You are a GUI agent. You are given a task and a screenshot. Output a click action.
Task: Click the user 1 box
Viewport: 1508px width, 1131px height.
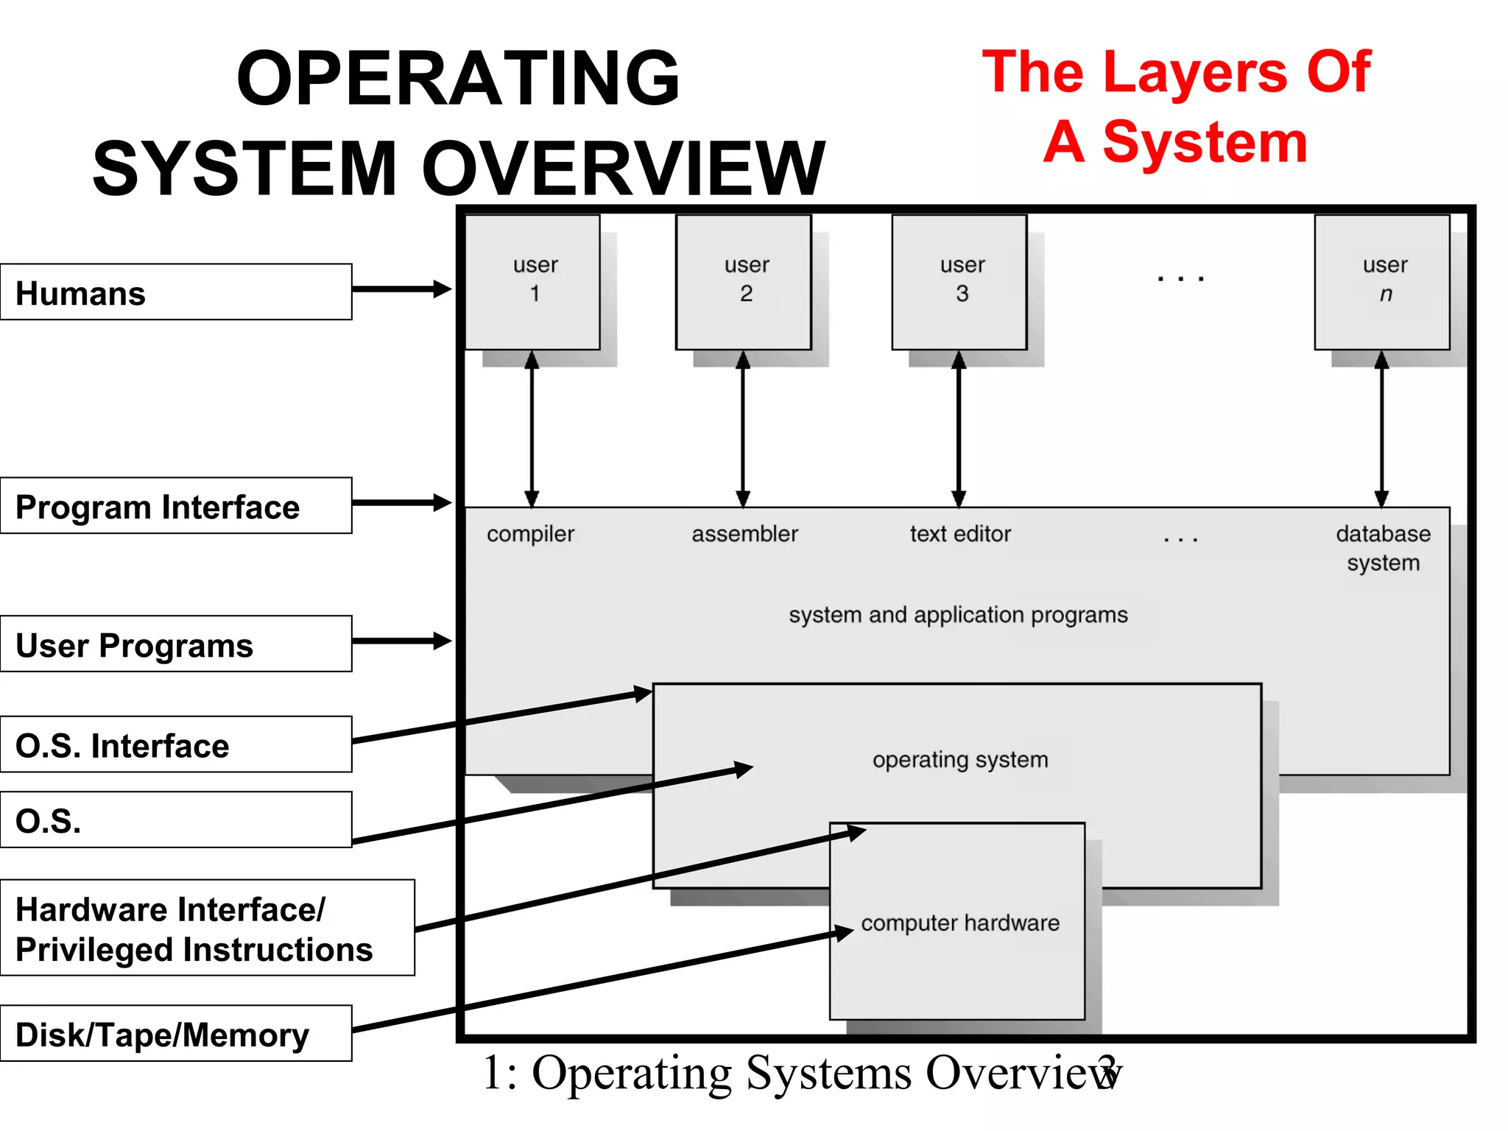coord(533,282)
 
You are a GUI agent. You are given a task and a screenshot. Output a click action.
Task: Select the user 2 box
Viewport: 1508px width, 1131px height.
coord(744,282)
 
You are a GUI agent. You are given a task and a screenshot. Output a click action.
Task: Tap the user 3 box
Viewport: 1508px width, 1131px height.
coord(959,282)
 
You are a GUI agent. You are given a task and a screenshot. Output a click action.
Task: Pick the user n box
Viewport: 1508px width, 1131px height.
coord(1382,282)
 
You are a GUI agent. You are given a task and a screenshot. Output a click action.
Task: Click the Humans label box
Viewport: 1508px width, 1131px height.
coord(176,292)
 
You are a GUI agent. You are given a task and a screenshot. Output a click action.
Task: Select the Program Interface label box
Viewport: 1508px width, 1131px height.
coord(176,506)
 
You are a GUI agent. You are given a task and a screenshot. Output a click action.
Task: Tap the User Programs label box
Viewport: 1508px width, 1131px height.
coord(176,644)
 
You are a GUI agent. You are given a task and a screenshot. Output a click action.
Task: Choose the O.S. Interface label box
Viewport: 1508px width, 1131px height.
coord(176,744)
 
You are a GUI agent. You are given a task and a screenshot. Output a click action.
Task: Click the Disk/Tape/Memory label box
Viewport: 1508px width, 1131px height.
coord(176,1033)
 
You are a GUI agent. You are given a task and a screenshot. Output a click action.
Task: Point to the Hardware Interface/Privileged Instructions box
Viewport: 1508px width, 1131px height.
coord(207,928)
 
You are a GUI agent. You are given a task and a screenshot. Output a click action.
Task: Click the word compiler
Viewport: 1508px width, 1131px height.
coord(530,535)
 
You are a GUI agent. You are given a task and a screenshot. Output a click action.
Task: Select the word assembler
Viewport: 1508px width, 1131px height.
coord(744,534)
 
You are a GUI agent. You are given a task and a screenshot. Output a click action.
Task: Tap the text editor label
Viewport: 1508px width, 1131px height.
coord(960,534)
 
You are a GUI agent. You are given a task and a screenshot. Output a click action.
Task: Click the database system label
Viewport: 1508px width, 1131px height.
coord(1383,548)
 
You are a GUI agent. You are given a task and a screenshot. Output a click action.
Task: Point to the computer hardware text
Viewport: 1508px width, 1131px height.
coord(960,923)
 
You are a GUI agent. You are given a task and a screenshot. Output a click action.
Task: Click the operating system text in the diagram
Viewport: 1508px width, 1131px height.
coord(960,760)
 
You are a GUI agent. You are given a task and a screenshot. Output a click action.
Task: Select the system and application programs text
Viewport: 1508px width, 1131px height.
coord(958,615)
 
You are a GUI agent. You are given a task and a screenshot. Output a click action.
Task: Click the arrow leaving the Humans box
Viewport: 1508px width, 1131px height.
coord(401,289)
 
